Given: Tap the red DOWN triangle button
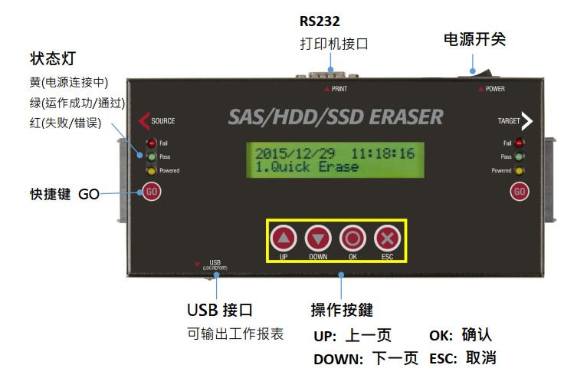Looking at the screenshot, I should tap(317, 238).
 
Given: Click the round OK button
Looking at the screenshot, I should tap(352, 238).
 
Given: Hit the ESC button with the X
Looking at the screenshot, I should tap(387, 238).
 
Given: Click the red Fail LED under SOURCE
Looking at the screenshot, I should tap(152, 143).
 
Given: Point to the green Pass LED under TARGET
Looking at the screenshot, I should tap(520, 156).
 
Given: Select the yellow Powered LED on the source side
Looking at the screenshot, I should tap(152, 170).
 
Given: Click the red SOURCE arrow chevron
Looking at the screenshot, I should tap(143, 120).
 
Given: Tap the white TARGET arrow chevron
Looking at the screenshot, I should tap(526, 120).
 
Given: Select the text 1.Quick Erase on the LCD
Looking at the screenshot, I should tap(307, 167).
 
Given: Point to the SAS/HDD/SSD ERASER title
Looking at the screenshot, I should tap(336, 117).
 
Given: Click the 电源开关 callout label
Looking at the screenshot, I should tap(474, 39).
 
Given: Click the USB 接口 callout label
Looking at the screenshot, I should tap(220, 310).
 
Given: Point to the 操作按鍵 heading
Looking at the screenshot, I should tap(342, 310).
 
